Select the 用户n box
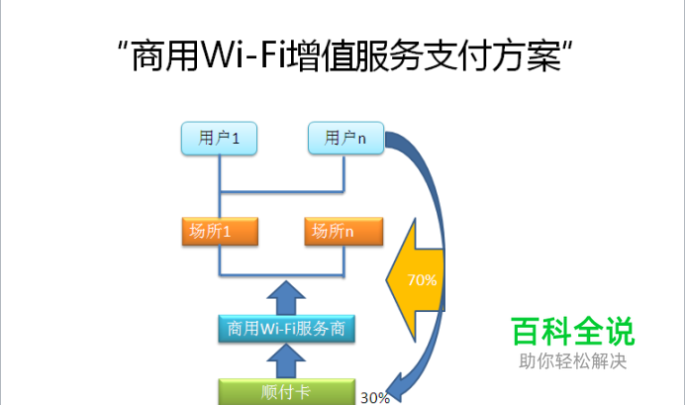coord(345,139)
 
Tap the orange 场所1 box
coord(220,232)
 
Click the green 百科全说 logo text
coord(572,331)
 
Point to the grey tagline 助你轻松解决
coord(572,362)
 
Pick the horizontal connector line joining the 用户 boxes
coord(282,191)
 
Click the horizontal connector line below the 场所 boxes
coord(282,274)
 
